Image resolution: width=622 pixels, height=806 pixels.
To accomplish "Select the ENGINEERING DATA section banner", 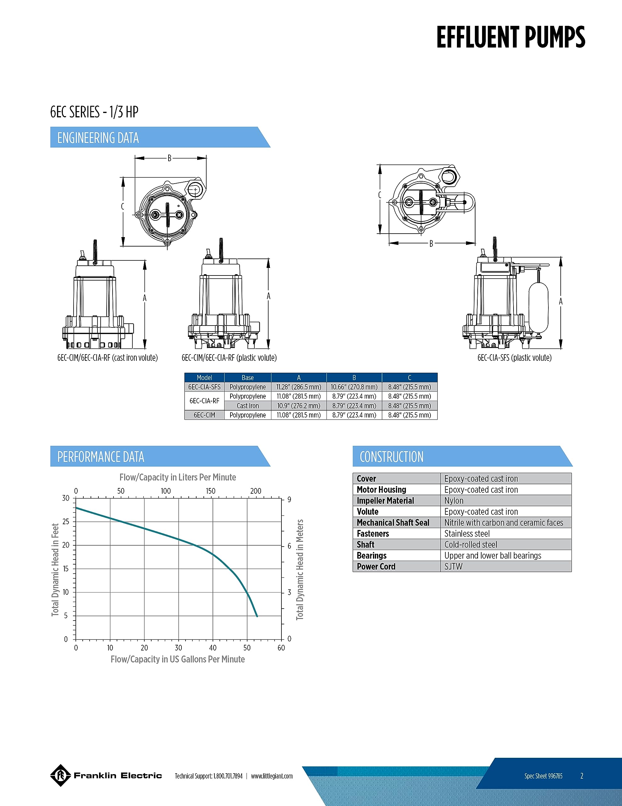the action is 160,137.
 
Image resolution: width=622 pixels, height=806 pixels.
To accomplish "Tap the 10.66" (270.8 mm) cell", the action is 354,387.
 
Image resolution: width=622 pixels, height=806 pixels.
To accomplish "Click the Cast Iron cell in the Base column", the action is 248,406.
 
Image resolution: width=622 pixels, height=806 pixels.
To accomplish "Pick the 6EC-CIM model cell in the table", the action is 204,415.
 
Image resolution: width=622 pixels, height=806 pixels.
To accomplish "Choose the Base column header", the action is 248,377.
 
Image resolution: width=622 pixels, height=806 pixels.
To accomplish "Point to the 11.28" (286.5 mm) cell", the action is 299,387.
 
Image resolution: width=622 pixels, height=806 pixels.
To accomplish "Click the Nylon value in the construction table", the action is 454,500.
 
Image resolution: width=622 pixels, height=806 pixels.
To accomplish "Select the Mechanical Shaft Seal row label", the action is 393,523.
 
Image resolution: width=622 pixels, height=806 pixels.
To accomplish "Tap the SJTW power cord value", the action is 453,566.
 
